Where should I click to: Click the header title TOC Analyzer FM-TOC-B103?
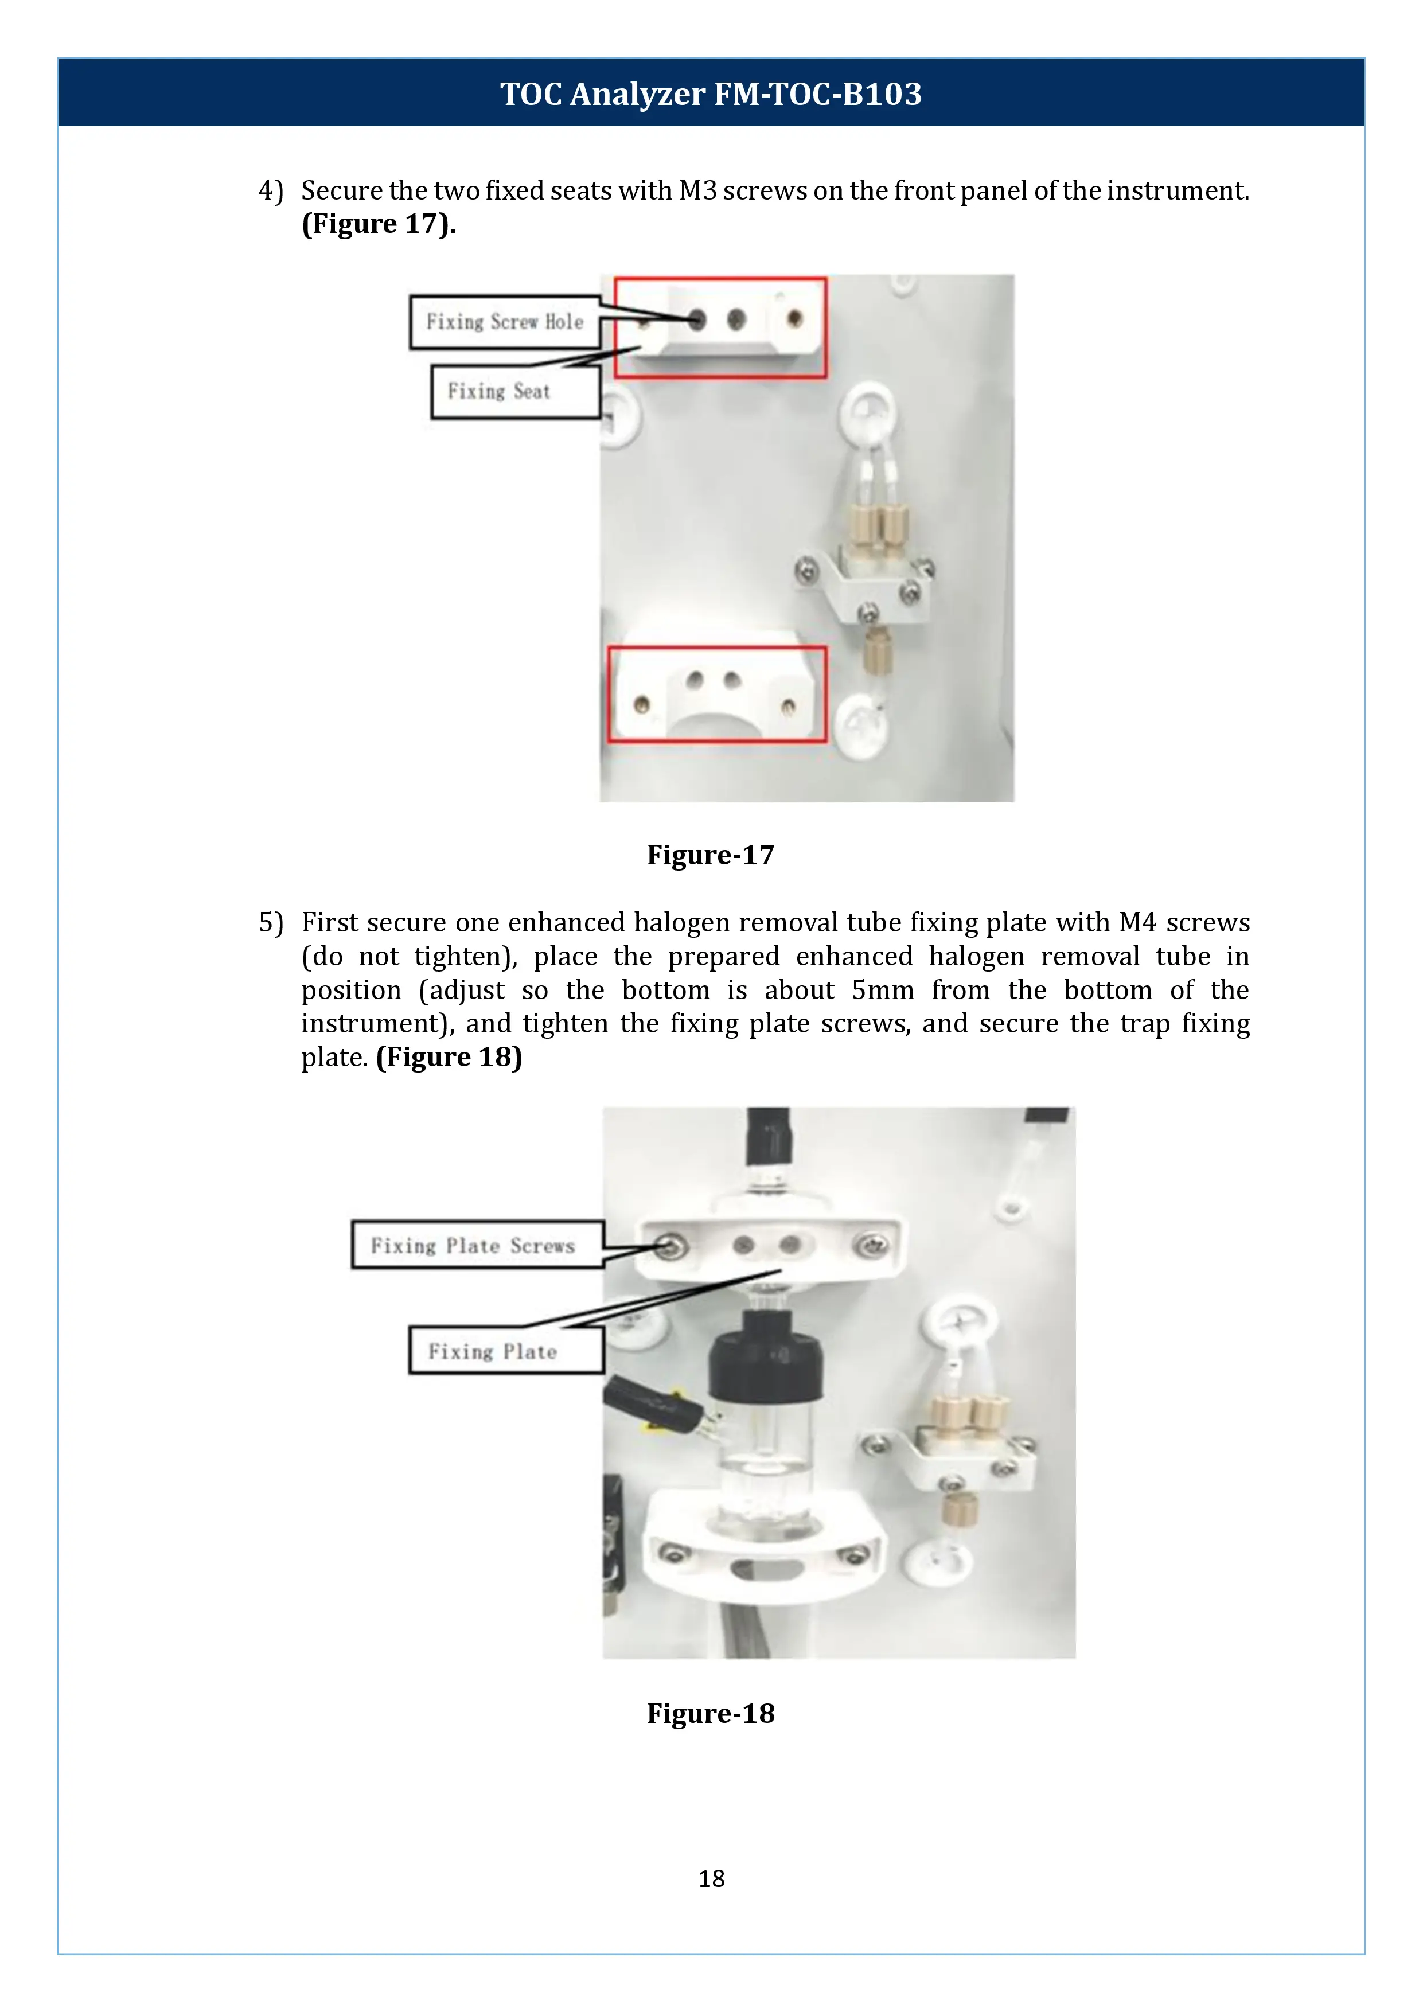(711, 93)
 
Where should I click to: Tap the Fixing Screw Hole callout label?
(505, 322)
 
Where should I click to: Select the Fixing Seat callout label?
(515, 392)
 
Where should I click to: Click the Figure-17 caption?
(711, 855)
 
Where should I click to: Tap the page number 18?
(711, 1878)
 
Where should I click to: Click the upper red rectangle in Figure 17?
(720, 327)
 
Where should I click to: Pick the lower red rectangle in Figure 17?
(717, 694)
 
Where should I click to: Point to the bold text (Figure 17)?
(379, 224)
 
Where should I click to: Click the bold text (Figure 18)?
(449, 1057)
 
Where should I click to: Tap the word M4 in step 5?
(1137, 922)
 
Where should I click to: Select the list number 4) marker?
(271, 190)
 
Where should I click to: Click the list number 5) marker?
(271, 922)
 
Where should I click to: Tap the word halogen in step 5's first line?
(681, 922)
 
